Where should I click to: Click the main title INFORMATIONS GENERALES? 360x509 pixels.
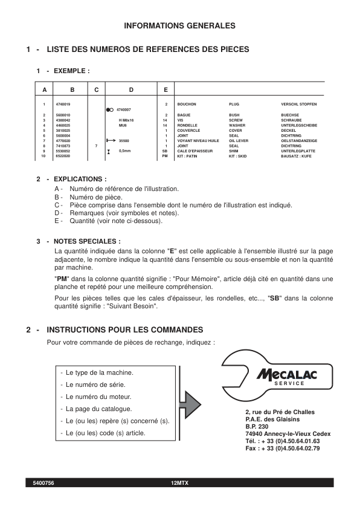tap(179, 26)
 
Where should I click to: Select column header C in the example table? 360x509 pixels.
tap(96, 90)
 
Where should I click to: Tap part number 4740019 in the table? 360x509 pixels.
tap(63, 104)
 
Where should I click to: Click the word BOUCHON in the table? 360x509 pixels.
tap(187, 104)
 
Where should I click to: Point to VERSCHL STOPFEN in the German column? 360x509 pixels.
tap(298, 104)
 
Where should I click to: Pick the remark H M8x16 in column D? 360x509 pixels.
tap(126, 120)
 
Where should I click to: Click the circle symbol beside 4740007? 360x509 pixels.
tap(109, 110)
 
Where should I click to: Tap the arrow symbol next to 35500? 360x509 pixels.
tap(110, 140)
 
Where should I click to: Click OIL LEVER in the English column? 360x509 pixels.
tap(239, 140)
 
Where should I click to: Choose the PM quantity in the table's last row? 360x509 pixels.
tap(165, 156)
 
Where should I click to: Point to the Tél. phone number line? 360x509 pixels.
tap(282, 441)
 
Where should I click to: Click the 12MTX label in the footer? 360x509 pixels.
tap(179, 483)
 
